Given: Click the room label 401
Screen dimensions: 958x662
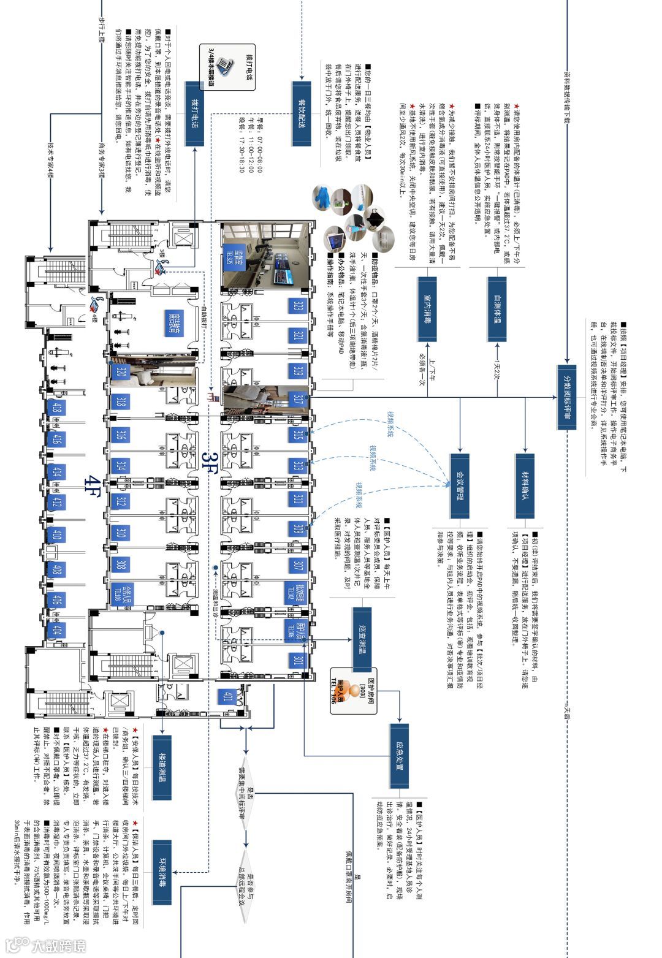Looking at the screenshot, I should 227,697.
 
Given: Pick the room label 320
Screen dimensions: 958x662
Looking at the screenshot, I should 121,373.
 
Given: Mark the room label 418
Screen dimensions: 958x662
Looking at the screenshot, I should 57,408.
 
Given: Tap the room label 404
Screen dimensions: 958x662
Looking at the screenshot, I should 57,630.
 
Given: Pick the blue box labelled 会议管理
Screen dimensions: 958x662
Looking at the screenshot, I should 459,485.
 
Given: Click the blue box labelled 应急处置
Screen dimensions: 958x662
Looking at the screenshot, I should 398,755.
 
